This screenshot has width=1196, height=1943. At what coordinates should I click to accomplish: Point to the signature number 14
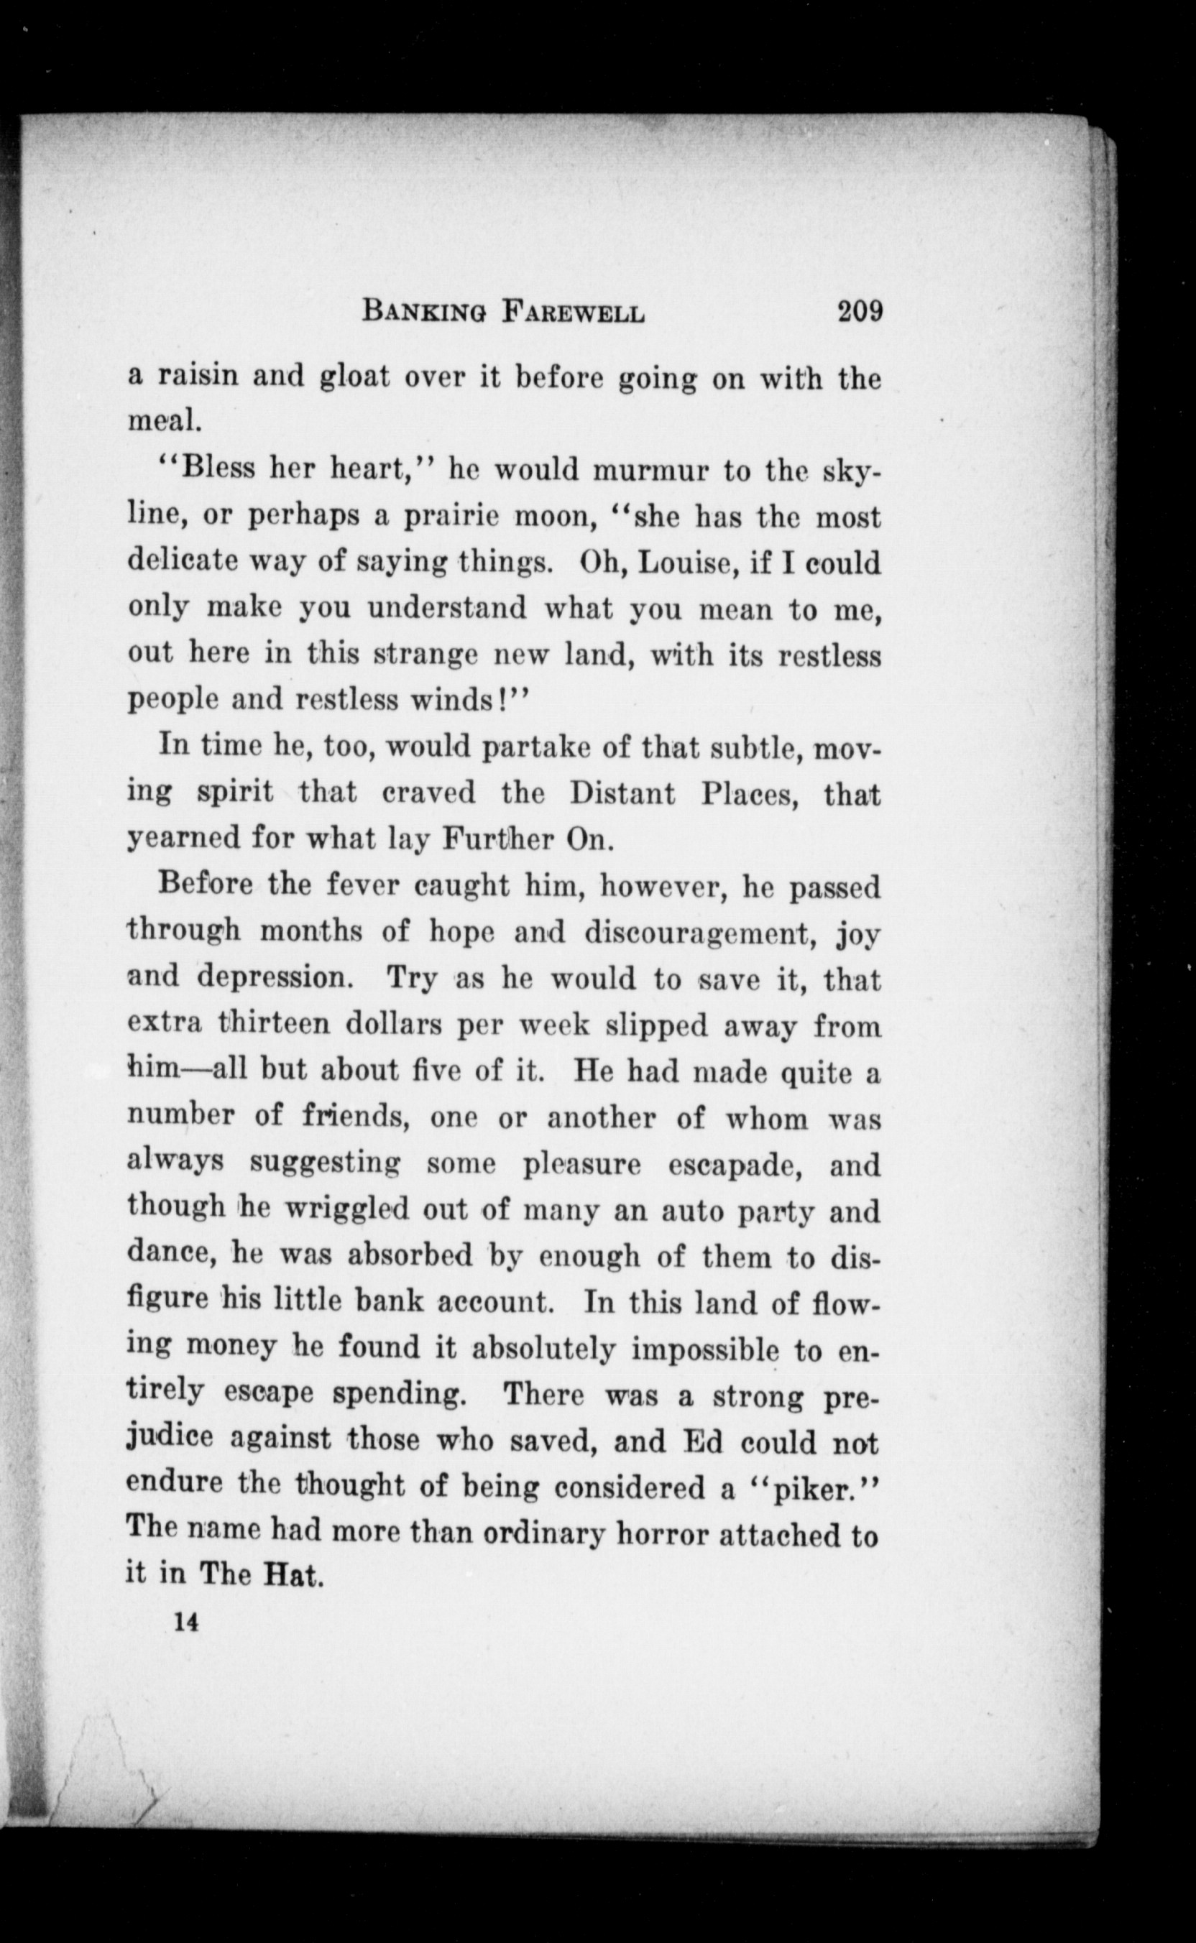187,1623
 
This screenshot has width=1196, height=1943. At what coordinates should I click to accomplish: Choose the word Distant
622,793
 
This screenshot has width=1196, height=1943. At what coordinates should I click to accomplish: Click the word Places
750,793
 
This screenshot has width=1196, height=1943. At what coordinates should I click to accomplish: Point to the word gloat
354,377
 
